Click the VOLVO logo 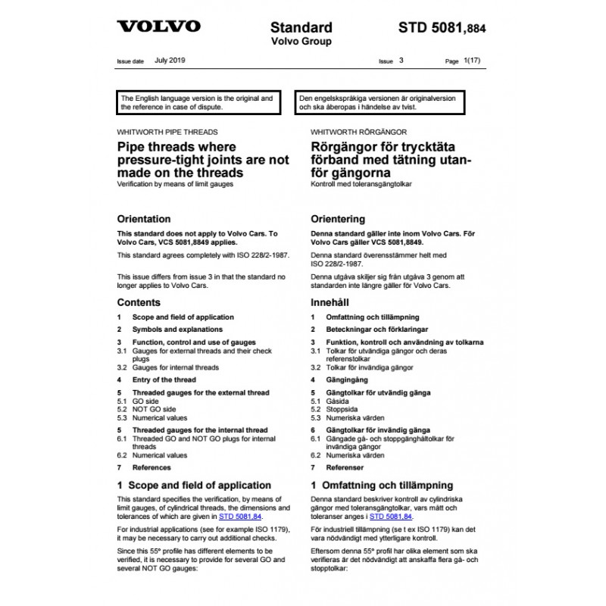pyautogui.click(x=158, y=27)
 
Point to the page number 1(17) pyautogui.click(x=472, y=59)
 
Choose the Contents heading pyautogui.click(x=139, y=302)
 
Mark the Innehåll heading pyautogui.click(x=330, y=302)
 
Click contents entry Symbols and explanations pyautogui.click(x=177, y=330)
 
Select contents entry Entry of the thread pyautogui.click(x=164, y=380)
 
